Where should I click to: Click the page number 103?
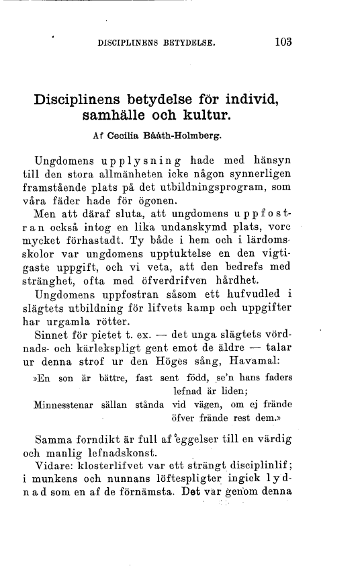tap(282, 42)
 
